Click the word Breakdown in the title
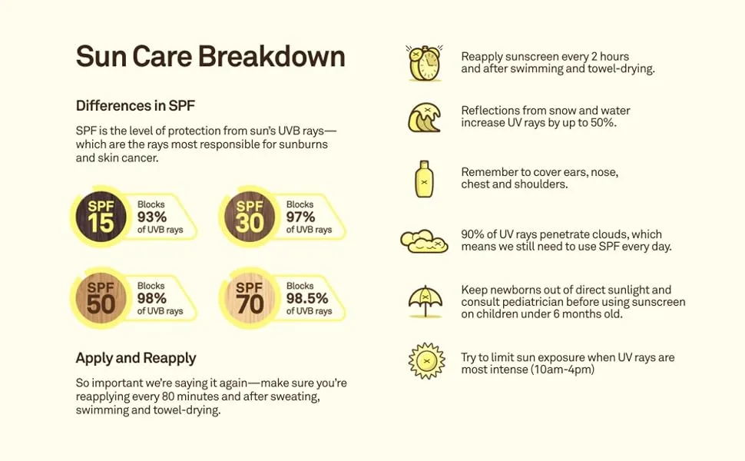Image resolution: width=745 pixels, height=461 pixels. click(271, 56)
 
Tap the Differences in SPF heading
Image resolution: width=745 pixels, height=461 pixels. click(135, 105)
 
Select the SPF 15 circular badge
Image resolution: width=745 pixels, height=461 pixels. click(101, 217)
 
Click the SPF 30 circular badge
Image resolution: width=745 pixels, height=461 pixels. click(250, 217)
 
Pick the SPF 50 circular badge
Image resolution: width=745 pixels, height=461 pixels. click(101, 298)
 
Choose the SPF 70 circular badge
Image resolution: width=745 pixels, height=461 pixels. click(250, 298)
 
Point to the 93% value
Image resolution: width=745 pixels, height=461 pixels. click(152, 217)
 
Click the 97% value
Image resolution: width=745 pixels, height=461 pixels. click(300, 217)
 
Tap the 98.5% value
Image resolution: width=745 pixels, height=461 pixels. click(307, 298)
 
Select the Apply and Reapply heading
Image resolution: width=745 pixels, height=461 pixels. click(136, 358)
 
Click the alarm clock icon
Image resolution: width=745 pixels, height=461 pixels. click(425, 63)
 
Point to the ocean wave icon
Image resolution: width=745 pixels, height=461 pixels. click(424, 118)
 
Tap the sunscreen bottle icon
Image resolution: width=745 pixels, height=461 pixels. click(424, 179)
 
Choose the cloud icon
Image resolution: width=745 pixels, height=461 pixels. click(424, 241)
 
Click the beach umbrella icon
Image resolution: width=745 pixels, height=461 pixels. click(425, 301)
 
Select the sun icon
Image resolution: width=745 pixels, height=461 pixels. click(427, 361)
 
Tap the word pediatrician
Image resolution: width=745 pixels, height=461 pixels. click(531, 302)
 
